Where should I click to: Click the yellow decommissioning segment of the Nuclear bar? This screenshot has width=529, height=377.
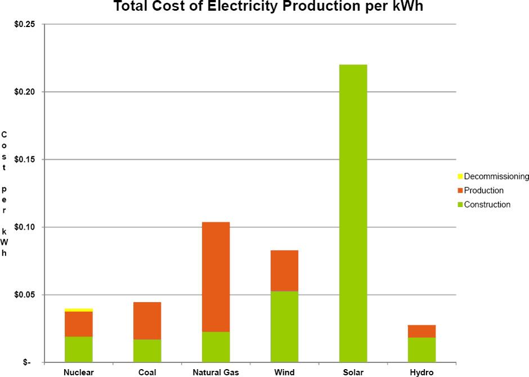79,309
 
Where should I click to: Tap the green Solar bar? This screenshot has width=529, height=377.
353,213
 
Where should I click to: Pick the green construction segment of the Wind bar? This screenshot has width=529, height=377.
284,326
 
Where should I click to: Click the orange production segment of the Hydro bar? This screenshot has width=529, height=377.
422,331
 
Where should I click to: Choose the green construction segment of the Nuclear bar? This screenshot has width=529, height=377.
79,349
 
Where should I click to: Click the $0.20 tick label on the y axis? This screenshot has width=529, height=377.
26,92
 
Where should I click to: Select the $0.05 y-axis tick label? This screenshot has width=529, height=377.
26,295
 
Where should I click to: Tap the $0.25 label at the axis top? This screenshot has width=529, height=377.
26,24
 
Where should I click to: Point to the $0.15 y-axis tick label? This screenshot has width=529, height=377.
26,160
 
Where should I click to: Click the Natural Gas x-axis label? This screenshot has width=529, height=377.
216,372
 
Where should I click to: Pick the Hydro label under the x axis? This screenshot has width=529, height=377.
422,372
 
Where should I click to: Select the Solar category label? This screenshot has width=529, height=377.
353,372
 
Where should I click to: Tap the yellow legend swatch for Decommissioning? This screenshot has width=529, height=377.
460,177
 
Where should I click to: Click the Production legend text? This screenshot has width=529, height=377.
483,191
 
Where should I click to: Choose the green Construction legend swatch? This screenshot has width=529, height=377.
460,205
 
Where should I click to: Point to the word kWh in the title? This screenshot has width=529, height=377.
409,7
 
